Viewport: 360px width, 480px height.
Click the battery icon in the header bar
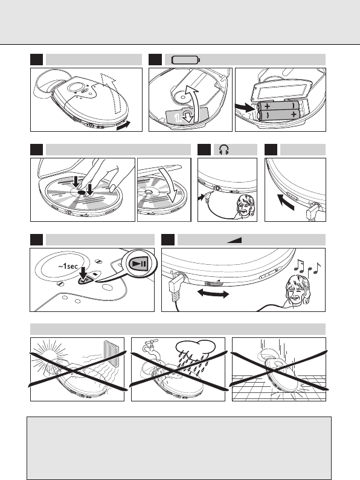coord(186,60)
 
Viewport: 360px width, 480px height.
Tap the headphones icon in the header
coord(224,150)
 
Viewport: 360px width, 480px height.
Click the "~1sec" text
coord(68,266)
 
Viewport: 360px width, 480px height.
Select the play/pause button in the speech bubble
coord(139,264)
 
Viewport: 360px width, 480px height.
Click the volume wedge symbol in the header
coord(234,241)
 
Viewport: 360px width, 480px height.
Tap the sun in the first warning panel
coord(49,355)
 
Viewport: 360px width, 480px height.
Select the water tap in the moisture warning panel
coord(150,348)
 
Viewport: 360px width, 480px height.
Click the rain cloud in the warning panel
coord(196,347)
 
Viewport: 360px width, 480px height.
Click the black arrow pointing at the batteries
coord(245,107)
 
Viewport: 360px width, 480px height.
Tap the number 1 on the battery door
coord(178,118)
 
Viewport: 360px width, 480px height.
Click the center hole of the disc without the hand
coord(148,192)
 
